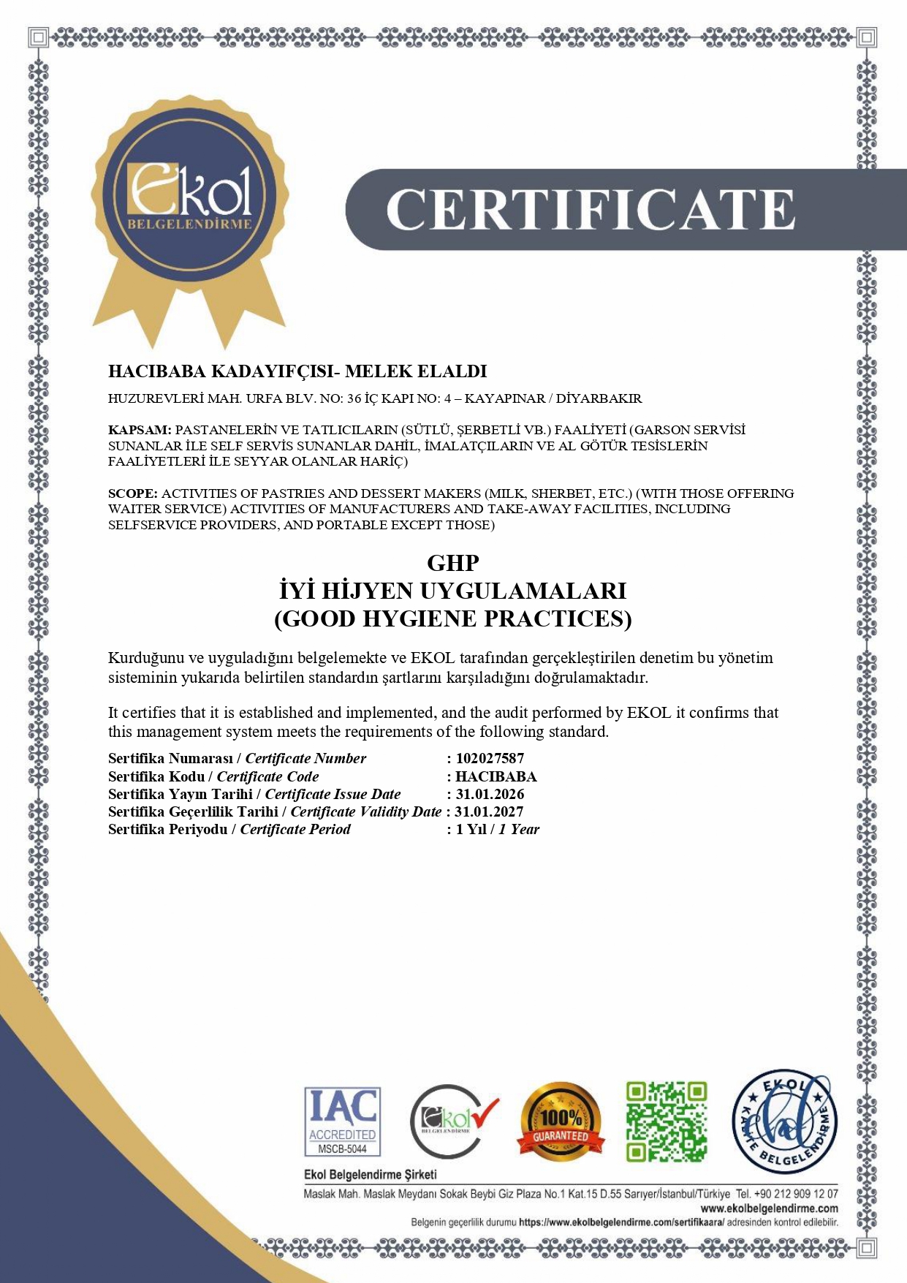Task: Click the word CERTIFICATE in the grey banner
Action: [591, 210]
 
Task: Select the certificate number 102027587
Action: [490, 758]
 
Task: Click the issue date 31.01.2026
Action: [490, 794]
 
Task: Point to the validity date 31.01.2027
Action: [489, 811]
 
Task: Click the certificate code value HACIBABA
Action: [496, 776]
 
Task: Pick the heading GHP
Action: [453, 563]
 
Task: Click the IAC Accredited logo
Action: [342, 1121]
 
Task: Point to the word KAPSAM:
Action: [140, 430]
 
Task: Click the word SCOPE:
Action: [133, 493]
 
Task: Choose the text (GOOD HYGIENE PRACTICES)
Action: [453, 618]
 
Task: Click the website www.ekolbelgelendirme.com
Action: [769, 1208]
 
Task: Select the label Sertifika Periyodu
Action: [167, 829]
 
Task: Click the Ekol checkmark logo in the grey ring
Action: [453, 1121]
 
